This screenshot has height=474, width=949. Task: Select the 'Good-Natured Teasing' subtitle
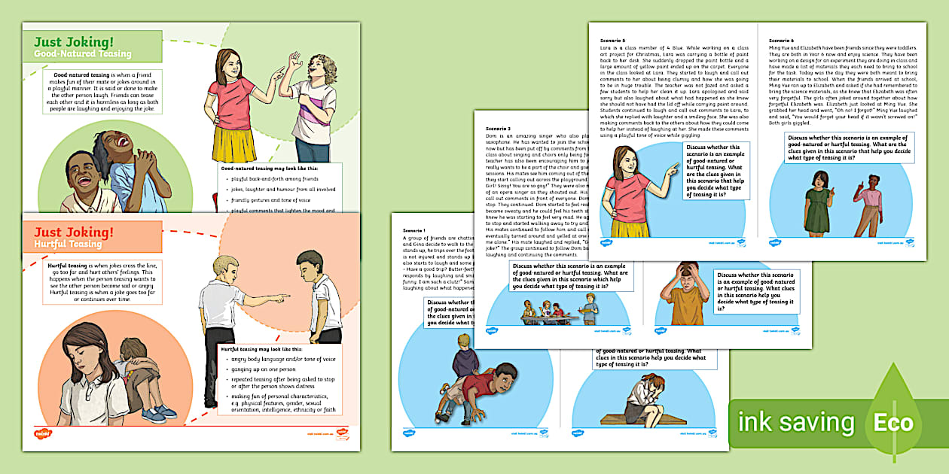[x=83, y=54]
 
